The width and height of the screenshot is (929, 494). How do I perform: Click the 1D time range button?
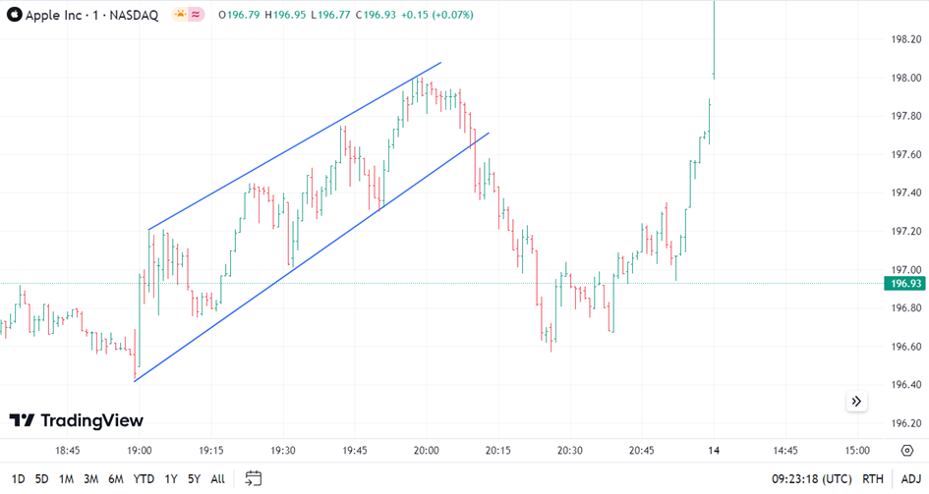[18, 479]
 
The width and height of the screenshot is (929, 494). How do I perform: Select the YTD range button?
[144, 479]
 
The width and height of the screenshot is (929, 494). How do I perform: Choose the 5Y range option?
[194, 479]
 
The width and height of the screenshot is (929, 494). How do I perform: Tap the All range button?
[217, 479]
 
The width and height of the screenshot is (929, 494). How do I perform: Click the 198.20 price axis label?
[904, 40]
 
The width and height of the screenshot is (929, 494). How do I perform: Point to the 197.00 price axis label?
[904, 270]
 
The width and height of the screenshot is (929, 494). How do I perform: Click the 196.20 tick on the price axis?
[904, 423]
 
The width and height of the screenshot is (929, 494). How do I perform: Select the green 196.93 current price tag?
[904, 284]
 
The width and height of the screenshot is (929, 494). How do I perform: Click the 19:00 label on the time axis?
[140, 450]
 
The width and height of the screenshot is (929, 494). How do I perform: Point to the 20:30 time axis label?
[570, 450]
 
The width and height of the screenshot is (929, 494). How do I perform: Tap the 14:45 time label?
[784, 450]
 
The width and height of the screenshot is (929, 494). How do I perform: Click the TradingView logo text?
[77, 420]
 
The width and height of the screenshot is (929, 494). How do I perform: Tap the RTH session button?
[872, 479]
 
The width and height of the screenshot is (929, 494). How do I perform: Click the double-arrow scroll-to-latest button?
[856, 401]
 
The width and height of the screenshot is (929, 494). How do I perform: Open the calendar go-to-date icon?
[253, 479]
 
